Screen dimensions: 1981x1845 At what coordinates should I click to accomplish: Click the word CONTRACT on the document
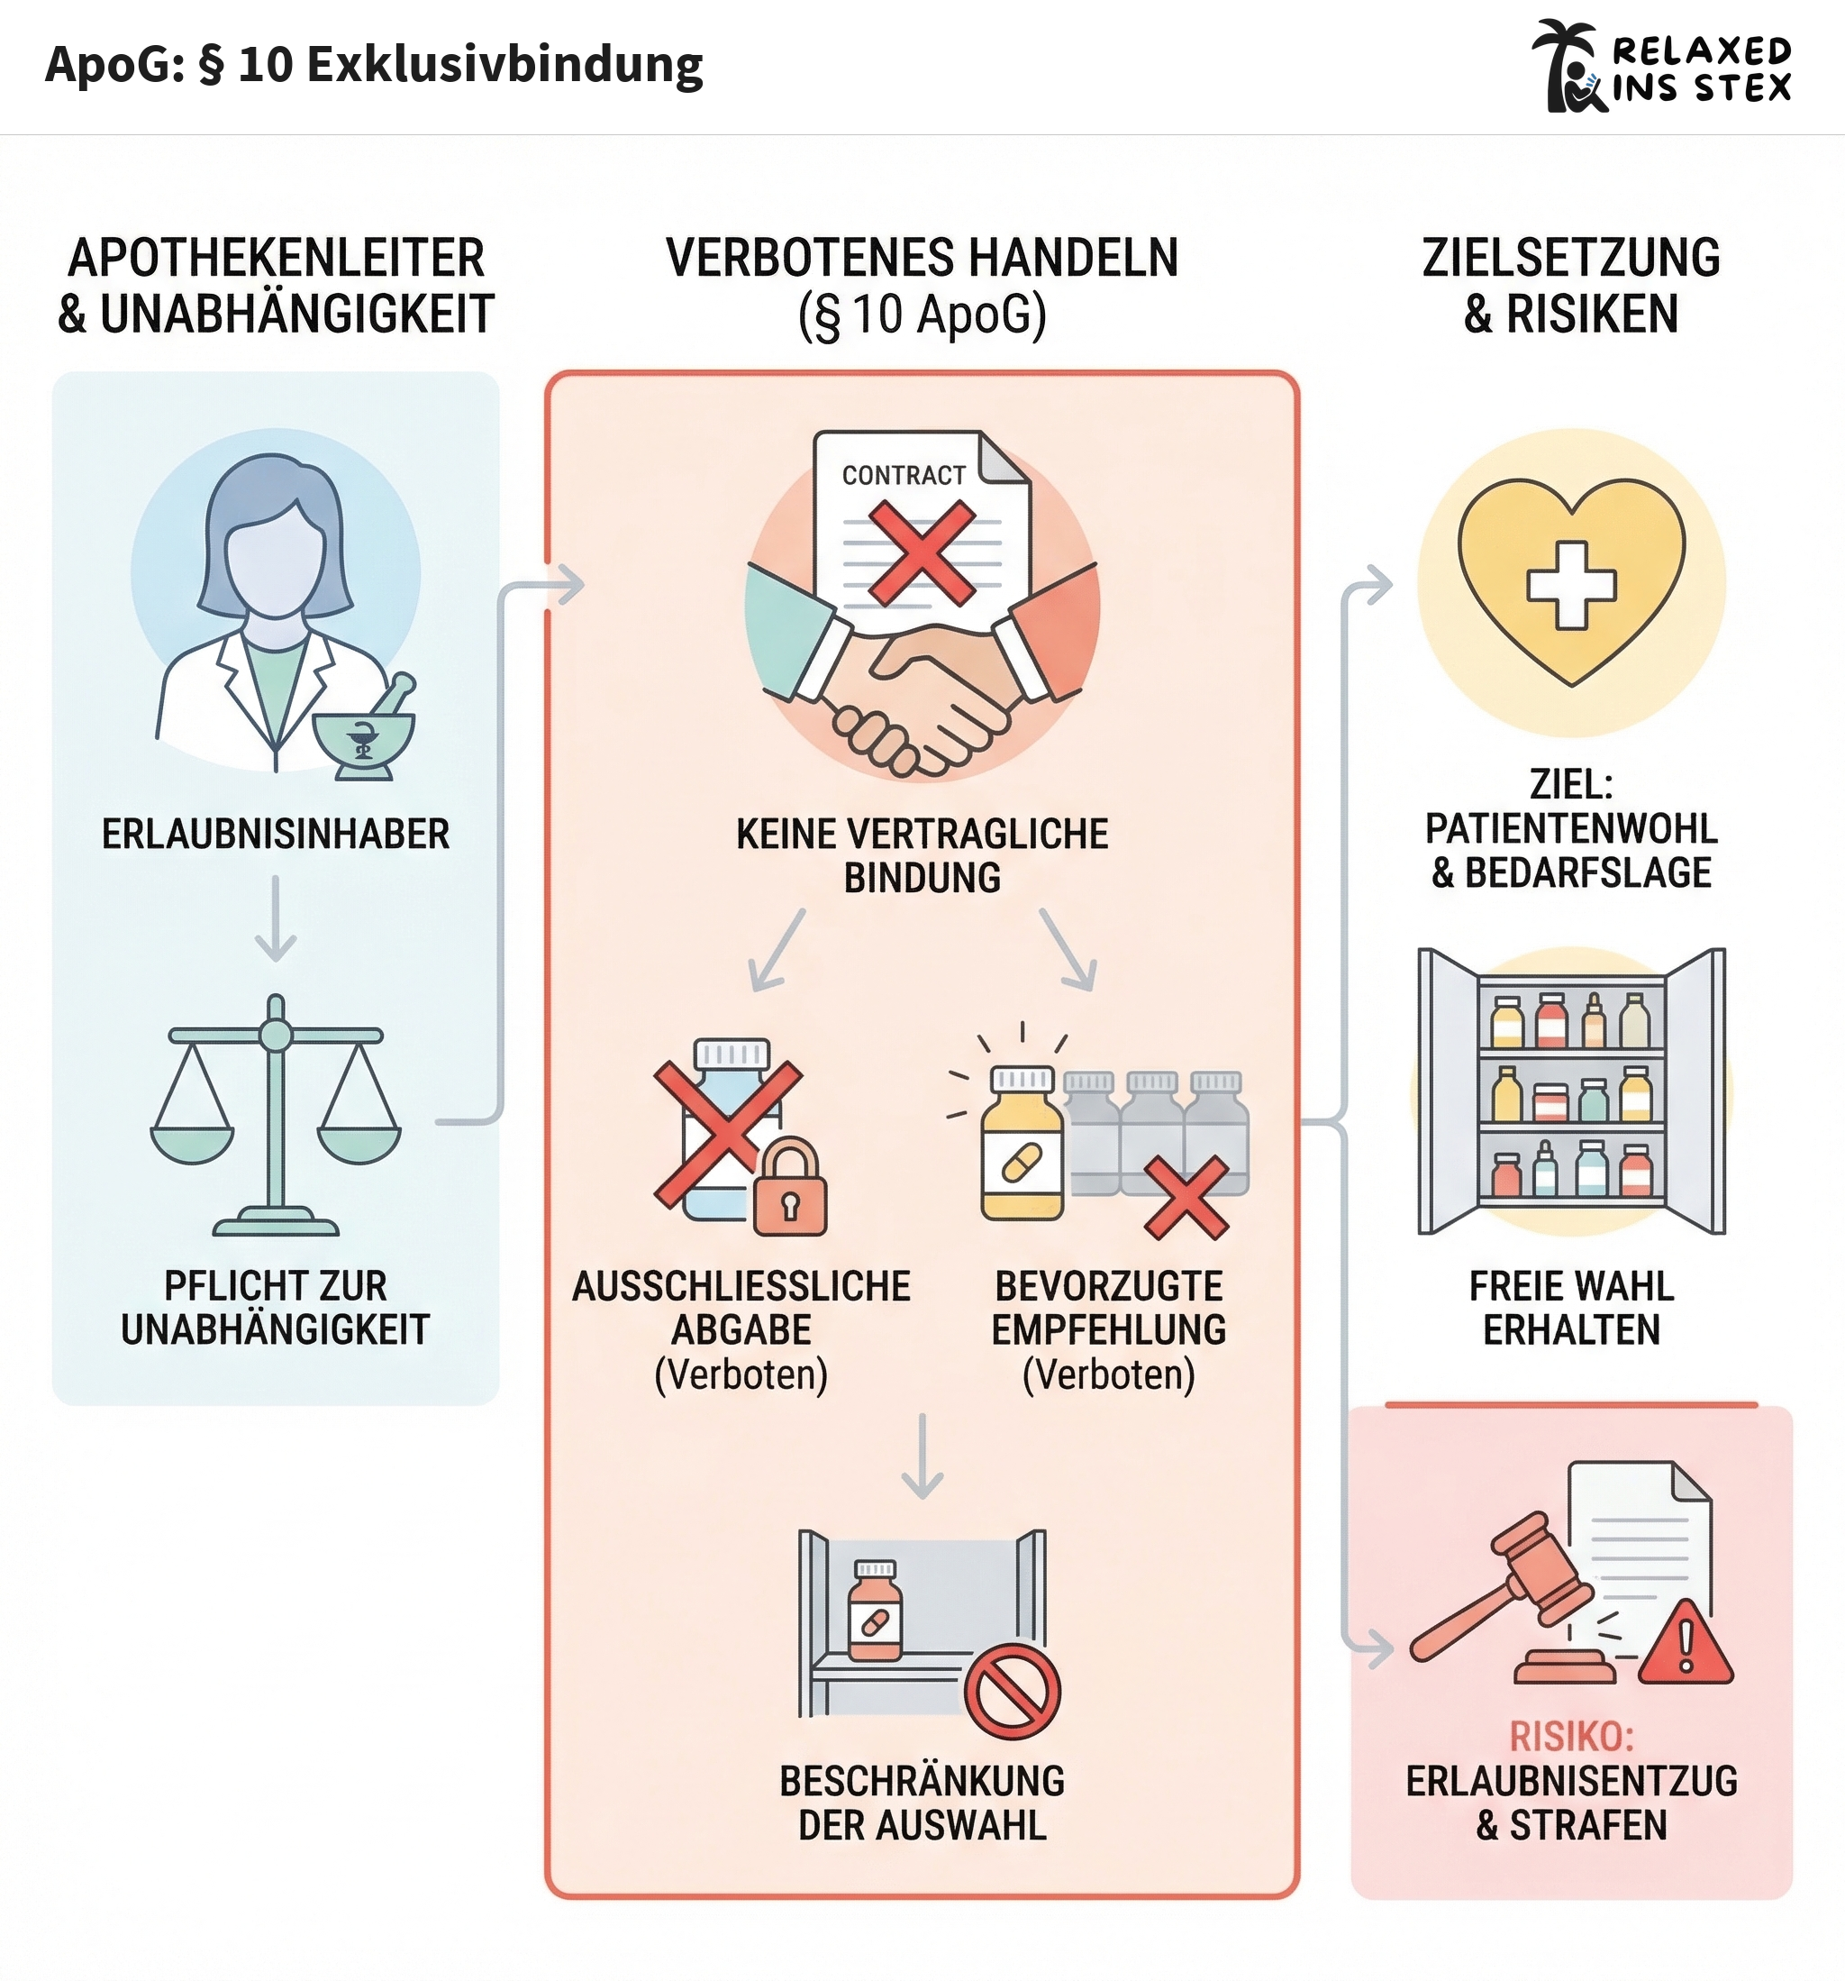click(904, 475)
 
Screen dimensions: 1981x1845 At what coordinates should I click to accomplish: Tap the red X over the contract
click(922, 552)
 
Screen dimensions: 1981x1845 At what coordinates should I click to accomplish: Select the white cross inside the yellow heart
click(1571, 585)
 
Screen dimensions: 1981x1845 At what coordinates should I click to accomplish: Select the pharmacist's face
click(275, 558)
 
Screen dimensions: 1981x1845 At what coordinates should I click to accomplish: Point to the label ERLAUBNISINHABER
click(276, 834)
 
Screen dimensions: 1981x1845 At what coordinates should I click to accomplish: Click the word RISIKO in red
click(1571, 1737)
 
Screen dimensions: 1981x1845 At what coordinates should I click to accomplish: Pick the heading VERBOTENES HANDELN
click(922, 257)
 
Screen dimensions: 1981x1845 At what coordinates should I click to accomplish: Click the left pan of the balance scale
click(191, 1143)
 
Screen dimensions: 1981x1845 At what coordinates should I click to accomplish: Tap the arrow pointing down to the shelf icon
click(922, 1456)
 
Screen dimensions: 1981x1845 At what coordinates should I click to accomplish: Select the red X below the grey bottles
click(1186, 1198)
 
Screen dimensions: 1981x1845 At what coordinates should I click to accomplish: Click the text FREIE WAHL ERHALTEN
click(1571, 1308)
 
